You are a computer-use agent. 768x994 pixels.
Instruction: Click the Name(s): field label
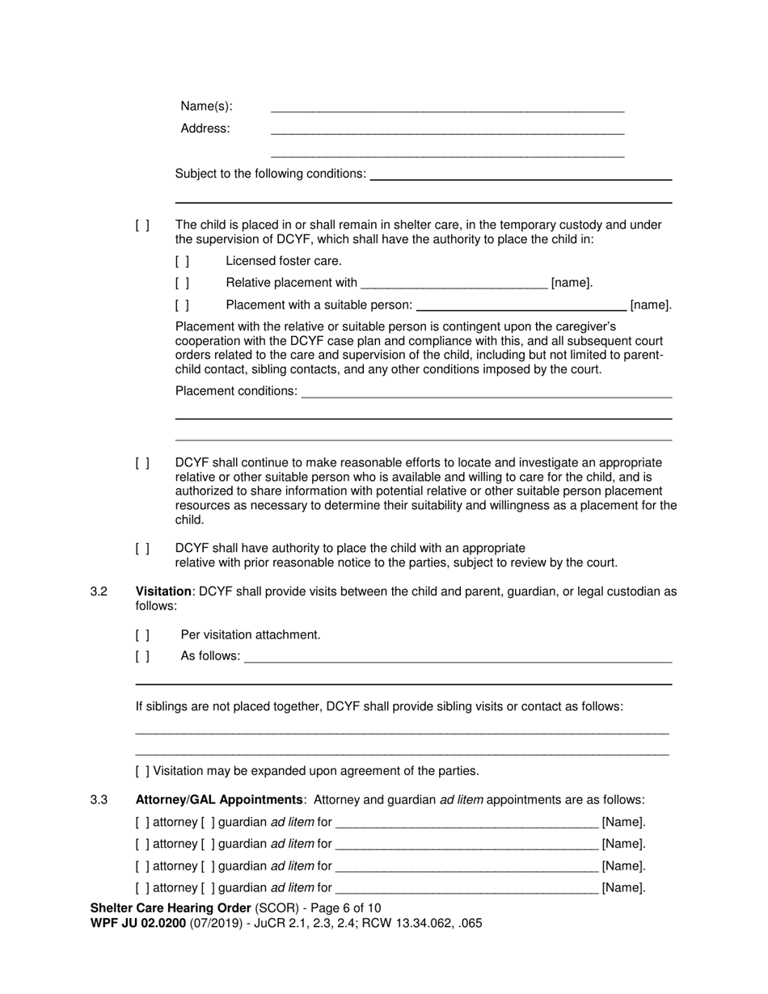[206, 107]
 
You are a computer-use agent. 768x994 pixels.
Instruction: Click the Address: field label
[205, 128]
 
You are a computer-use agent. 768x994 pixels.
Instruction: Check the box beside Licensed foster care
[182, 261]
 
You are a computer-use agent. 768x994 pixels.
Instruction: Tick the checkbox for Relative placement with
[182, 283]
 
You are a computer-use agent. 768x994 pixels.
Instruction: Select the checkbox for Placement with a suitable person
[182, 305]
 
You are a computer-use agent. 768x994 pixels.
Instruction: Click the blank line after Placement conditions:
[485, 393]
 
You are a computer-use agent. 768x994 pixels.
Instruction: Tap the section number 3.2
[99, 592]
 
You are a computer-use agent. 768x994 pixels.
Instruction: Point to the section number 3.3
[99, 800]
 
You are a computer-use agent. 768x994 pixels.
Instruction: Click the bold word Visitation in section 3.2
[163, 592]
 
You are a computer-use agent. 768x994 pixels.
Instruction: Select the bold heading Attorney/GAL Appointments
[219, 800]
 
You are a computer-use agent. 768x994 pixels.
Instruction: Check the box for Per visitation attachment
[142, 635]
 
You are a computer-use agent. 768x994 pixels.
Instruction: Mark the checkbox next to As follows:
[142, 657]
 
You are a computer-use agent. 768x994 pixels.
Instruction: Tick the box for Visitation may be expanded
[142, 771]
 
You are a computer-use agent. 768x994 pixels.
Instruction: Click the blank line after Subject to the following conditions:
[520, 175]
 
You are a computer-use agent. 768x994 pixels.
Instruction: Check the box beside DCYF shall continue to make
[142, 463]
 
